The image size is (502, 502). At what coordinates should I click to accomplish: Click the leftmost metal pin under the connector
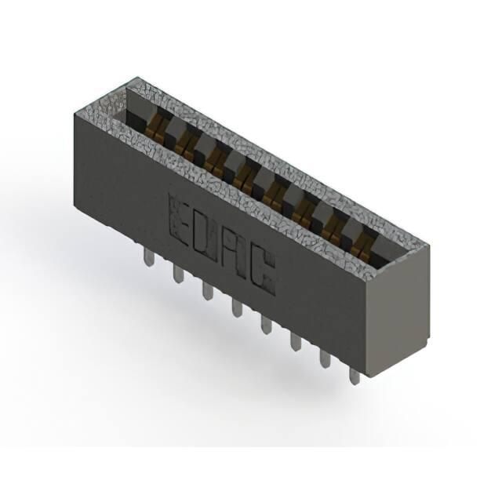[148, 258]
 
